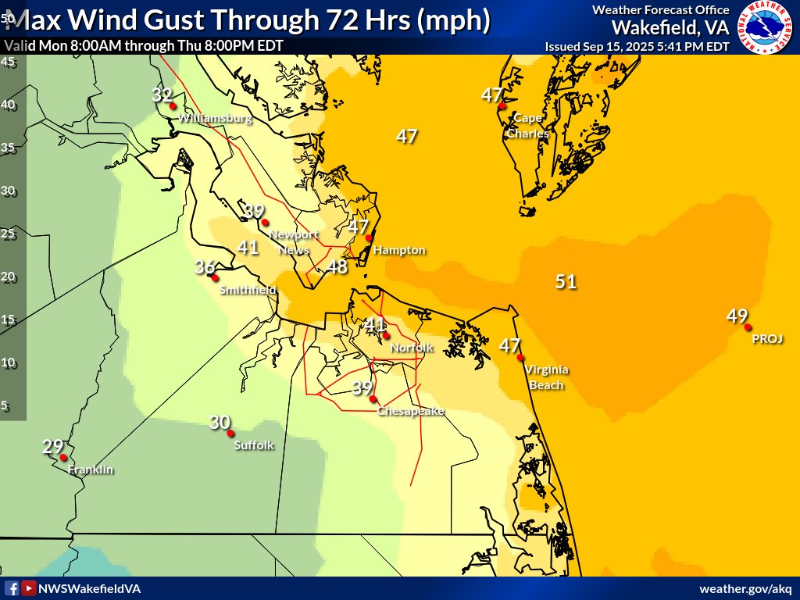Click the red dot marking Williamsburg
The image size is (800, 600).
tap(173, 106)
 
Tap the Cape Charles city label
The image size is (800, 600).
tap(527, 126)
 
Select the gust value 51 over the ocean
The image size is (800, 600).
tap(566, 281)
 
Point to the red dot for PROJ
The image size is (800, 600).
tap(748, 327)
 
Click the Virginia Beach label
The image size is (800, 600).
tap(546, 377)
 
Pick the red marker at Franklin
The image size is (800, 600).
tap(63, 459)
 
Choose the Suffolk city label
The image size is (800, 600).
tap(255, 445)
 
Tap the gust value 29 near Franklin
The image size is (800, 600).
tap(52, 447)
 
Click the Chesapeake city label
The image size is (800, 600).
tap(410, 411)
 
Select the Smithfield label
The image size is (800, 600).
tap(248, 290)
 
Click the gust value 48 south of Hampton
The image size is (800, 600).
tap(337, 266)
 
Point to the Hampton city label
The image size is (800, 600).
tap(399, 250)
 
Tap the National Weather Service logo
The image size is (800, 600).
tap(765, 27)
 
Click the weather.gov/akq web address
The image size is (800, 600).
tap(745, 588)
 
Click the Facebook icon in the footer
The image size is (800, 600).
tap(12, 588)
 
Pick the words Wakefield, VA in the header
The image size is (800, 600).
tap(670, 27)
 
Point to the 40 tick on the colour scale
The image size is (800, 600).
tap(9, 105)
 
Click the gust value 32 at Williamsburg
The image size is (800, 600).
tap(162, 95)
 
